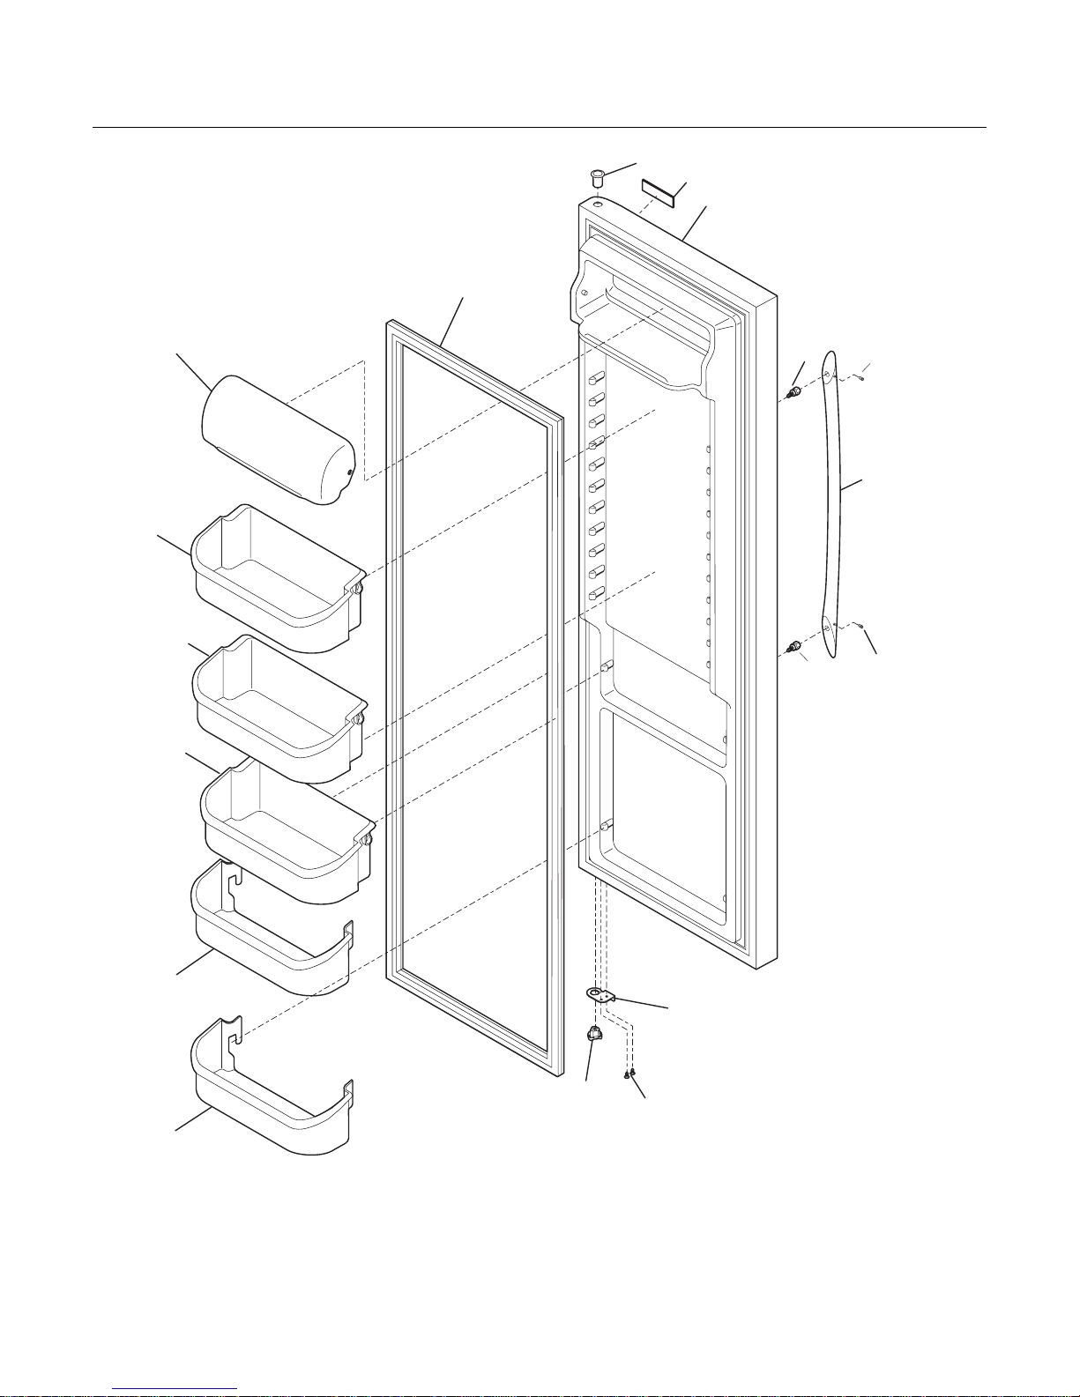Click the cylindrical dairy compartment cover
278,439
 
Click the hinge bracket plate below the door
602,996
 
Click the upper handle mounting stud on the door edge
793,392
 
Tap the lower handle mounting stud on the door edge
794,648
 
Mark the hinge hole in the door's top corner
598,204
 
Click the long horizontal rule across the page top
540,128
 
